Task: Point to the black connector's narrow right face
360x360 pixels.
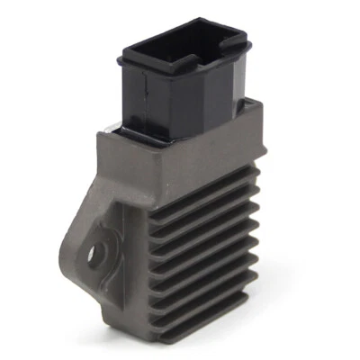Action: pos(241,81)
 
